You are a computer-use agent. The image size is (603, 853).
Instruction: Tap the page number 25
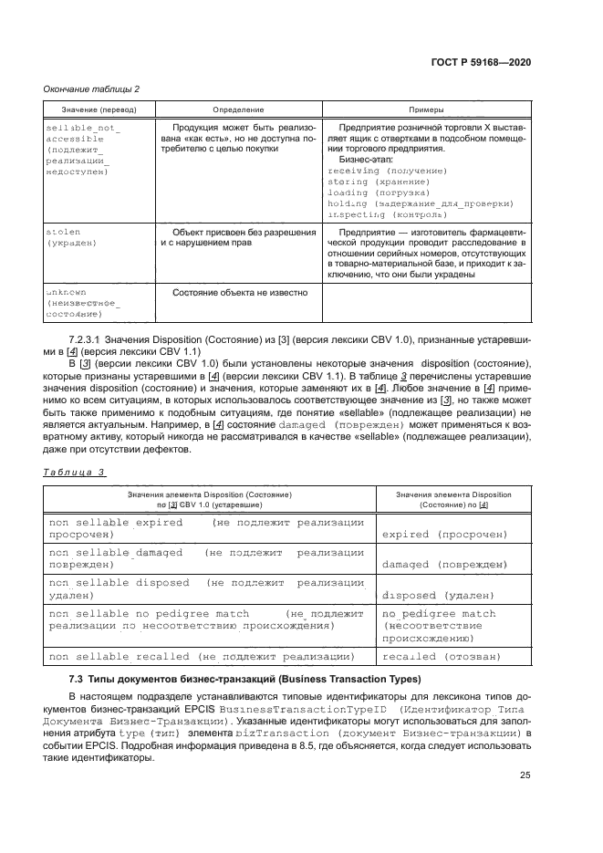click(525, 775)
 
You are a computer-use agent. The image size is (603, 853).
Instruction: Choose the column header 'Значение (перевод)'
click(92, 109)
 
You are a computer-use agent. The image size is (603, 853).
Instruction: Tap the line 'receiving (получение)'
click(387, 171)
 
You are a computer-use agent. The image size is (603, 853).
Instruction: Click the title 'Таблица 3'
click(75, 472)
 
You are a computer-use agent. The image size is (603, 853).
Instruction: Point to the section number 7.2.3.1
click(74, 339)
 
